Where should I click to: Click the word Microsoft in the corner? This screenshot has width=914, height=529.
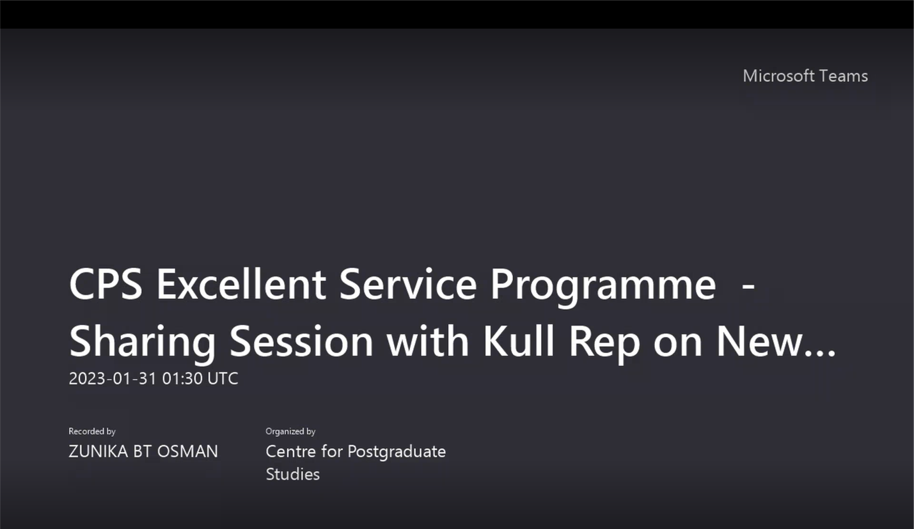[778, 76]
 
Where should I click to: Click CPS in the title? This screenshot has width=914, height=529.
[106, 284]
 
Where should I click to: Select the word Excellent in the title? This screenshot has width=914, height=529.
[241, 284]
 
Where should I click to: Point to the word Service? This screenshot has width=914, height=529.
[408, 284]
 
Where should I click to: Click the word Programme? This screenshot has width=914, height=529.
[603, 288]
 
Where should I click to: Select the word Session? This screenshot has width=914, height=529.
[301, 341]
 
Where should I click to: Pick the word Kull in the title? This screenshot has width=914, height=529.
[519, 340]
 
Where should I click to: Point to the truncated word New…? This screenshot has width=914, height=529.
[776, 341]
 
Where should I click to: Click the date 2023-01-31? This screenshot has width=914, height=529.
[113, 379]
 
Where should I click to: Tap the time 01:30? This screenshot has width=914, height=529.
[182, 379]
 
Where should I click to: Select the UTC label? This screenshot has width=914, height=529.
[223, 379]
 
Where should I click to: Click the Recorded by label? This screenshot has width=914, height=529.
[92, 431]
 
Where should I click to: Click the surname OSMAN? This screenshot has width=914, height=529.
[187, 452]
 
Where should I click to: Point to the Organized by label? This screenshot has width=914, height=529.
[290, 431]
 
